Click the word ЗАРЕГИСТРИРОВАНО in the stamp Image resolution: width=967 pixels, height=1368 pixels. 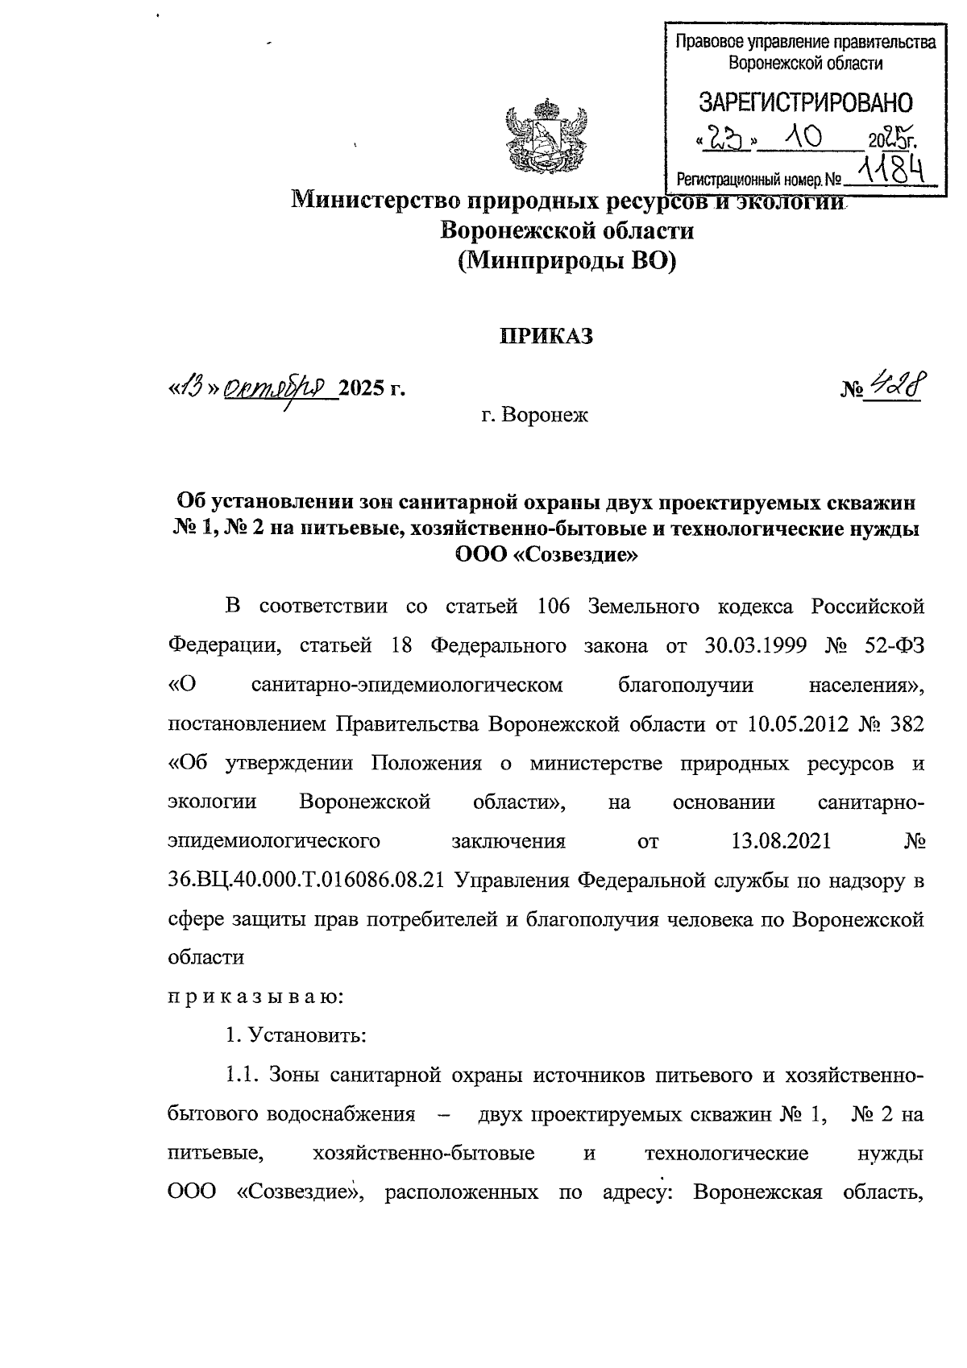(x=805, y=103)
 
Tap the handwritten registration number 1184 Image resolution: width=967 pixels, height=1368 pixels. (x=888, y=168)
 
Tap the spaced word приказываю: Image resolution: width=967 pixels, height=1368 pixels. (x=255, y=997)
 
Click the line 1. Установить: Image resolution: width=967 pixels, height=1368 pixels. (x=296, y=1035)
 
